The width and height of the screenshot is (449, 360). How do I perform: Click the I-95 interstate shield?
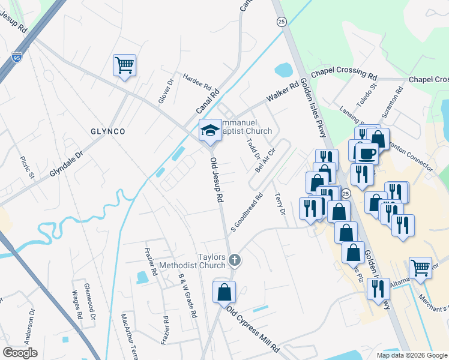coord(17,58)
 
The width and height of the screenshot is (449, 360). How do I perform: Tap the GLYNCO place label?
coord(107,131)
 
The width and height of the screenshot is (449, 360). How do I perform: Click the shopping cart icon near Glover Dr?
coord(124,65)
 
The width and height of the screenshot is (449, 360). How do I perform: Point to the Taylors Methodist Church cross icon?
coord(235,260)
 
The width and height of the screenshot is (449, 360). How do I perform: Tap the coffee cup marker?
coord(367,153)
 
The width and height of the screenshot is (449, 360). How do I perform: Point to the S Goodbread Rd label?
coord(247,211)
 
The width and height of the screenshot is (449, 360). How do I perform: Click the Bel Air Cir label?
coord(265,161)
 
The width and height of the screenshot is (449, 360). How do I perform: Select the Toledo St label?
coord(366,96)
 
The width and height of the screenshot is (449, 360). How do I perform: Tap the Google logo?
coord(20,352)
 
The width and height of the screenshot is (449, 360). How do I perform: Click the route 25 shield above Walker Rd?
coord(282,22)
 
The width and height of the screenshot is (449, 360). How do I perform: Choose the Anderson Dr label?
coord(29,329)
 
